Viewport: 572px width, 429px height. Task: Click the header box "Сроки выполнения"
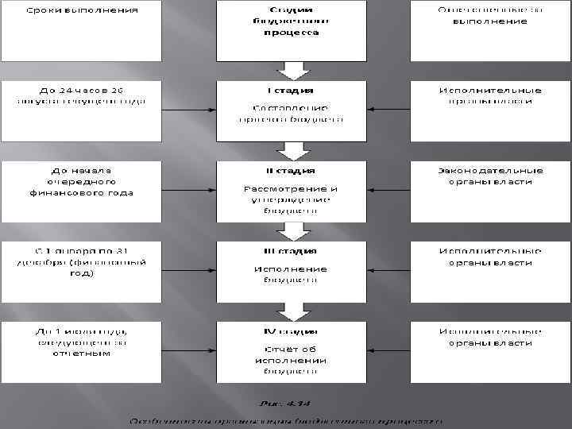tap(81, 30)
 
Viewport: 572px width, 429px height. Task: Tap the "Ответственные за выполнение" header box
tap(490, 30)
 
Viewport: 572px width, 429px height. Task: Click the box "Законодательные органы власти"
tap(490, 191)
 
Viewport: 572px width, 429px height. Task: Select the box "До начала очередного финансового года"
tap(81, 191)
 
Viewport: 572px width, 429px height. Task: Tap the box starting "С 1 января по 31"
tap(81, 270)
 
